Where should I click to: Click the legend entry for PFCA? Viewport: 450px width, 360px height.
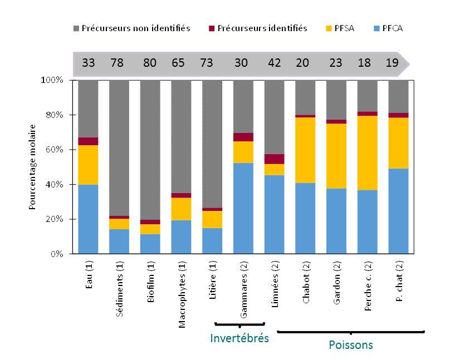[x=389, y=28]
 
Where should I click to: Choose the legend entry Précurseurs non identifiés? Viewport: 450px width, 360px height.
[x=132, y=28]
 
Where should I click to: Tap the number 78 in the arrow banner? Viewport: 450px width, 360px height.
[x=117, y=63]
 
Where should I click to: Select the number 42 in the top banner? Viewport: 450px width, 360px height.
[x=274, y=63]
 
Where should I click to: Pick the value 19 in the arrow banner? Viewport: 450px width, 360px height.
[x=392, y=63]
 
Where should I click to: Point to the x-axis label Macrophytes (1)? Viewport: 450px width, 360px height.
[x=182, y=296]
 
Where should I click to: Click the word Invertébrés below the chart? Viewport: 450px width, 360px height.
[x=239, y=338]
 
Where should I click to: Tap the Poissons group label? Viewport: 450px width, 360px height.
[x=350, y=345]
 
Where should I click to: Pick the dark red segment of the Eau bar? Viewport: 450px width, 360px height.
[x=89, y=141]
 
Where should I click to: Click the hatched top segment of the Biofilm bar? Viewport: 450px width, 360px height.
[x=150, y=149]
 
